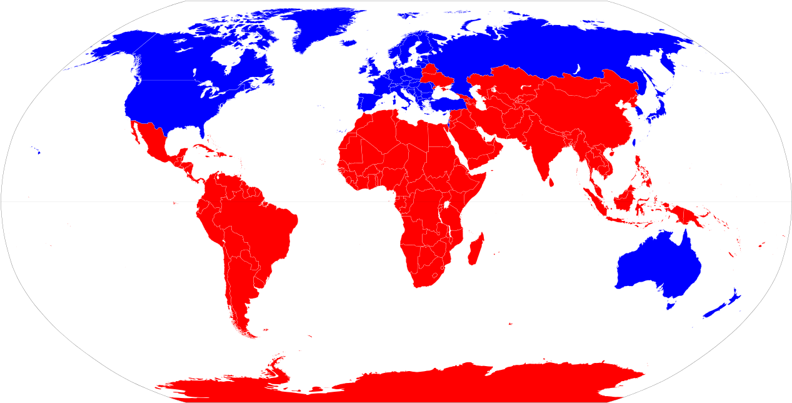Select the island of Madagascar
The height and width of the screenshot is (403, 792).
(x=475, y=249)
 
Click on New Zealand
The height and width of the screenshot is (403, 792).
(x=719, y=307)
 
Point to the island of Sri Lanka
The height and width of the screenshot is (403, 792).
(x=551, y=182)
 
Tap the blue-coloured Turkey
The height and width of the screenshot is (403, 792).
(x=441, y=104)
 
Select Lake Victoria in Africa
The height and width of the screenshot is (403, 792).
(x=448, y=205)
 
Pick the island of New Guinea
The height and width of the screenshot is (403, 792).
(x=688, y=215)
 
